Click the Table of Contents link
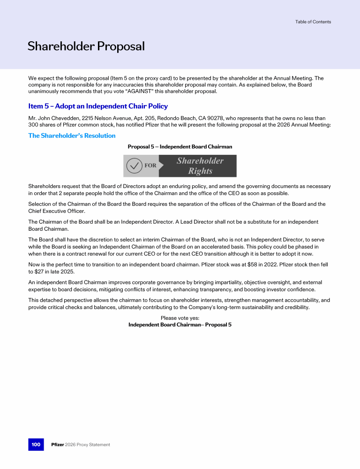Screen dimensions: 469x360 [x=313, y=22]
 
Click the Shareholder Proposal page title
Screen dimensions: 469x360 [x=86, y=46]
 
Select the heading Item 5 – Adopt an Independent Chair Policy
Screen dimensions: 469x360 [x=98, y=106]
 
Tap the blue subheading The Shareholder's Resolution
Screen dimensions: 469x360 [x=72, y=136]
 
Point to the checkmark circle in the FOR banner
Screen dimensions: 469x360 [x=135, y=166]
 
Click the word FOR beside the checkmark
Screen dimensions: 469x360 [x=150, y=166]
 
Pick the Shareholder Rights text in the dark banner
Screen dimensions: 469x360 [x=200, y=166]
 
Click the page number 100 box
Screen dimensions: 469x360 [x=36, y=444]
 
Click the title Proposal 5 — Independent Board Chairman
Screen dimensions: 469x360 [x=180, y=147]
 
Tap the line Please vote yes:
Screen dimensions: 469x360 [x=180, y=318]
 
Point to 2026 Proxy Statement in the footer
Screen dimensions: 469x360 [x=89, y=445]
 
